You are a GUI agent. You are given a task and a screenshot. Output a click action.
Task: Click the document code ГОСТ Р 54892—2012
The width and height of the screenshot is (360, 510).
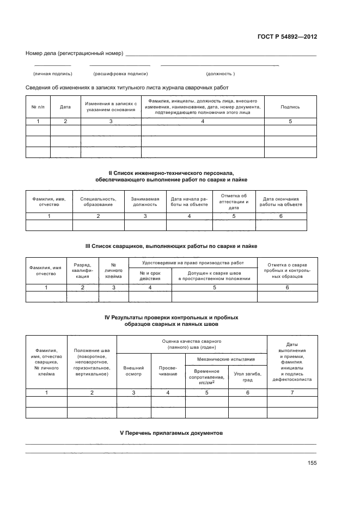(x=287, y=37)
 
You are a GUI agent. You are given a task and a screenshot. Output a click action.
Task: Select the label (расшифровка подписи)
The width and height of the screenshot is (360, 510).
(x=120, y=74)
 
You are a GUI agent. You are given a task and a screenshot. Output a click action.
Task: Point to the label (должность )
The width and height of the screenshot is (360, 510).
(x=220, y=74)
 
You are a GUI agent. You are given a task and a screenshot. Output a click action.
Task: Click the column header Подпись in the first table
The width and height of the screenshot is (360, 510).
(x=290, y=107)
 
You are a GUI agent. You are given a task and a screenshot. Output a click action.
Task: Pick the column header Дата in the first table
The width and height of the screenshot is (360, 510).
(x=65, y=107)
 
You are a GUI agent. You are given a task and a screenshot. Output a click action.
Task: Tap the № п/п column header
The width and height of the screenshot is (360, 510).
(x=38, y=107)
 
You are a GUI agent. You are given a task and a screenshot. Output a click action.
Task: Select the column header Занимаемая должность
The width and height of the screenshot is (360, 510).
(x=145, y=202)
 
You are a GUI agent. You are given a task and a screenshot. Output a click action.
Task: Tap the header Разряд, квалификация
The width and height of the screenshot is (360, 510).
(x=82, y=270)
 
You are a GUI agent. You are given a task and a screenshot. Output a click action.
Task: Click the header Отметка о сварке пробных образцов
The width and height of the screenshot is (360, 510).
(x=287, y=270)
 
